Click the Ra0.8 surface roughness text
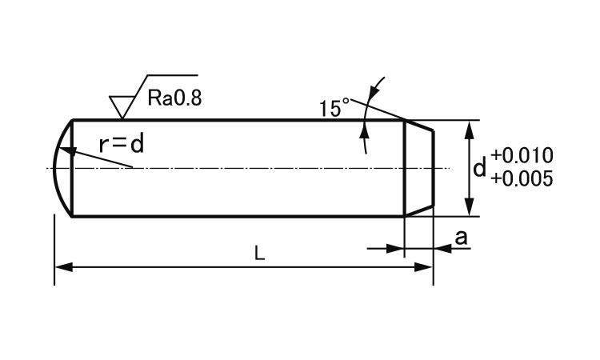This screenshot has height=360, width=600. pos(175,98)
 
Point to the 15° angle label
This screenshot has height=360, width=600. pos(335,107)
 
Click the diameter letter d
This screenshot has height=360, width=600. pos(479,168)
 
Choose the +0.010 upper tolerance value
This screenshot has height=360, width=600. pos(522,155)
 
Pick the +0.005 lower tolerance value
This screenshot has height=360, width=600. pos(522,178)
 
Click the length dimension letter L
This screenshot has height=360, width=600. pos(259,254)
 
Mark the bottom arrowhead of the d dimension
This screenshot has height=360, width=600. pos(467,209)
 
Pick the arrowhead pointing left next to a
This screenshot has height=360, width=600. pos(442,249)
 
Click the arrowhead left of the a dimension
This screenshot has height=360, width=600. pos(395,249)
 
